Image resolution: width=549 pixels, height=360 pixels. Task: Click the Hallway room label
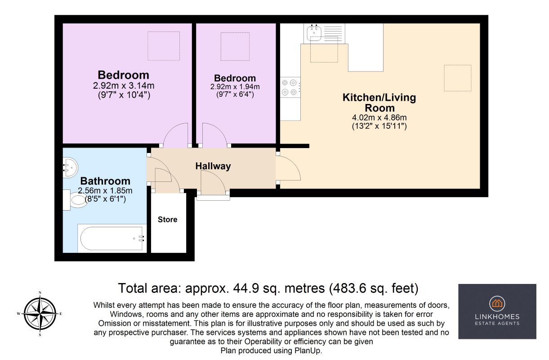tap(213, 166)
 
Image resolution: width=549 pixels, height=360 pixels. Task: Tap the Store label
tap(167, 220)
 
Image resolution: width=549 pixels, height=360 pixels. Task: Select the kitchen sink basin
tap(314, 33)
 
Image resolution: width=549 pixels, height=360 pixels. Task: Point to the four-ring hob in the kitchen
tap(290, 87)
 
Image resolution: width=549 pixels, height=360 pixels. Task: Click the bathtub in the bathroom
tap(112, 238)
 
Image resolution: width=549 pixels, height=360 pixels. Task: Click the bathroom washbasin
tap(70, 167)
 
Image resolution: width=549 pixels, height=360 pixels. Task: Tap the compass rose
tap(40, 313)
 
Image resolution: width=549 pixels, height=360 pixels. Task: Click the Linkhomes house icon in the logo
tap(497, 303)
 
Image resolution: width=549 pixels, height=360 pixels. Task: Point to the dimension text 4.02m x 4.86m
tap(379, 117)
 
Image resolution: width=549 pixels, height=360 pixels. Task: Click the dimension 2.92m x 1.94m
tap(235, 86)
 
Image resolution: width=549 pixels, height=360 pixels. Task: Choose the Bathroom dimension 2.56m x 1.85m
tap(105, 190)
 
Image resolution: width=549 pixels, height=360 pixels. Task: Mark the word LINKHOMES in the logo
tap(497, 317)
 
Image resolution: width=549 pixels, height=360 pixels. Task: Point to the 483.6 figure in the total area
tap(347, 288)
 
